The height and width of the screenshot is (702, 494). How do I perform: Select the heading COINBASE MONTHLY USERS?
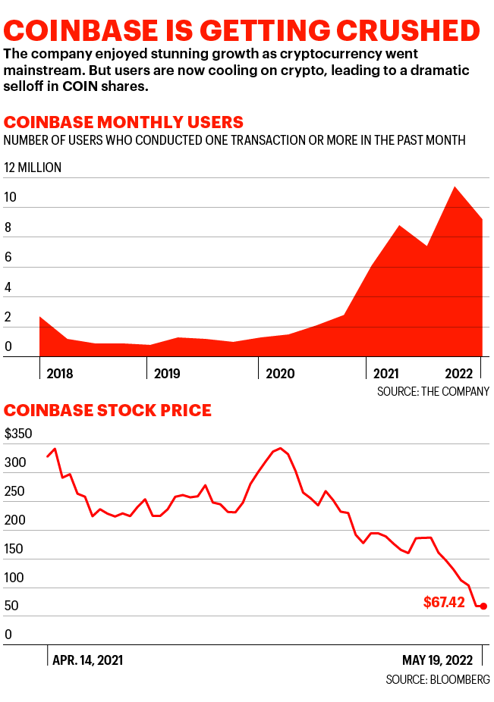[124, 122]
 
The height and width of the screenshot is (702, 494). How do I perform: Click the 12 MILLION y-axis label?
[33, 168]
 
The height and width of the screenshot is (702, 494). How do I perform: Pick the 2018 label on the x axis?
[61, 374]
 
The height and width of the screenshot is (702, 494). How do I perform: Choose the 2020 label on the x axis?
[280, 374]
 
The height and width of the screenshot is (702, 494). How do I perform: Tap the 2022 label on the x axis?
[458, 374]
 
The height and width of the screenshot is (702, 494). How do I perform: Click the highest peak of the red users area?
[454, 187]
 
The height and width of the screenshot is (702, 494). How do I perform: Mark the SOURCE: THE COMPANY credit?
[433, 391]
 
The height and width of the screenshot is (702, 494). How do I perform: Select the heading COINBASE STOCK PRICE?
[108, 411]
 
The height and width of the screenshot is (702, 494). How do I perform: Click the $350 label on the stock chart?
[19, 434]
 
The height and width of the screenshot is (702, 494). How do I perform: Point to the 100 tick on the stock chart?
[14, 578]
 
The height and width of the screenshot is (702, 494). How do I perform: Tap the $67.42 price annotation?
[444, 604]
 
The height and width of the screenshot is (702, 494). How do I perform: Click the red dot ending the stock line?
[483, 606]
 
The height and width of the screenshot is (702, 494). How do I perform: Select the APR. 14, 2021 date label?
[87, 660]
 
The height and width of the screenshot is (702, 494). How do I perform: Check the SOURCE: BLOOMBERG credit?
[437, 678]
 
